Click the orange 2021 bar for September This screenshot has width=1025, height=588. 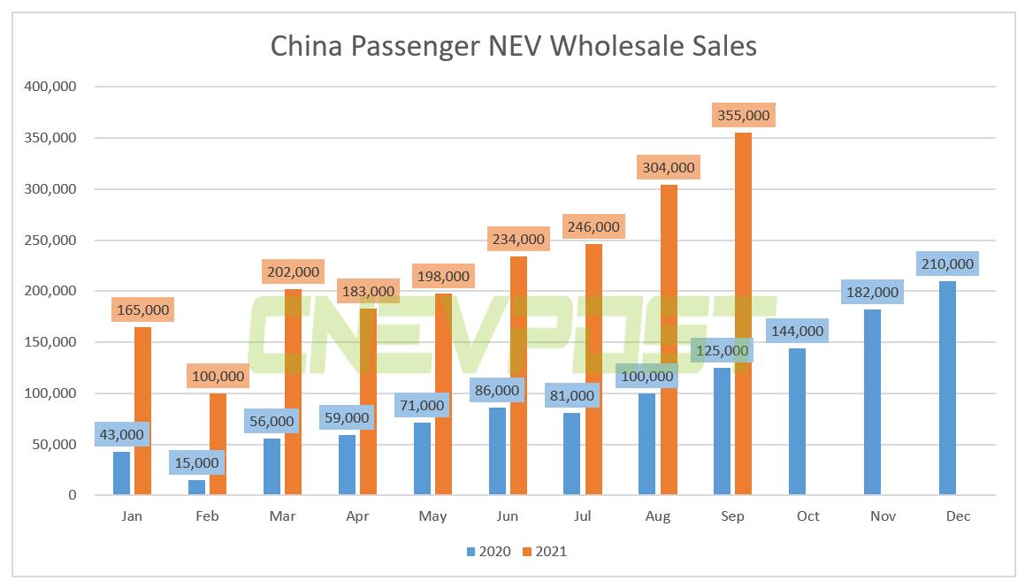click(743, 314)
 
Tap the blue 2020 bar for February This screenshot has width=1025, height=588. click(196, 487)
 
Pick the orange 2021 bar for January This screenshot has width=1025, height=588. click(142, 410)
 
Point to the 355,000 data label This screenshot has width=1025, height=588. click(744, 116)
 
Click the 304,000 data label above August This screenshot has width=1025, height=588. click(669, 167)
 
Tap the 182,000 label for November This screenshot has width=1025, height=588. click(872, 292)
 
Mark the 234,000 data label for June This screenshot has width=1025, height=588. click(518, 239)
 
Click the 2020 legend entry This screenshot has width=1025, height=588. click(487, 552)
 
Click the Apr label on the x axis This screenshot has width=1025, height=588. click(357, 516)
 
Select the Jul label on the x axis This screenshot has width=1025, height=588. click(583, 516)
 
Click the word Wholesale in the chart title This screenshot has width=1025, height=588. click(616, 46)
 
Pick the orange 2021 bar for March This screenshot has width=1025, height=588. click(293, 392)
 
